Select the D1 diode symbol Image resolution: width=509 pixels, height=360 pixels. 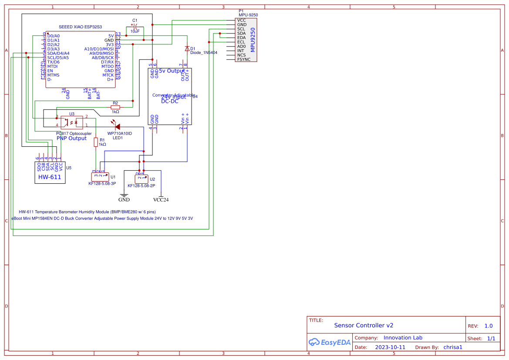187,49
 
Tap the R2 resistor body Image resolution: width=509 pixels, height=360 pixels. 115,107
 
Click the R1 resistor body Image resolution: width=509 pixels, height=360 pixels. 96,142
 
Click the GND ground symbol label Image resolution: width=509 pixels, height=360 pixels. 124,200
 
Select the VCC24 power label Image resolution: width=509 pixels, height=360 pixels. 161,200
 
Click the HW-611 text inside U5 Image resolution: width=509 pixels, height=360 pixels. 50,177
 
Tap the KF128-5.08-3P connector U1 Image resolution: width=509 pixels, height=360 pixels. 100,177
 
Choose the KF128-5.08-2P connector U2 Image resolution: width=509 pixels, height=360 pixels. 142,179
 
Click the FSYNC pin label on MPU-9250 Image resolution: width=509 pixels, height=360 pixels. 244,59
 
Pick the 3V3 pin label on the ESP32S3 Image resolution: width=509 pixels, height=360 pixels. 109,44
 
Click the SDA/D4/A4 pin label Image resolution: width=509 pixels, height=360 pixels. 58,53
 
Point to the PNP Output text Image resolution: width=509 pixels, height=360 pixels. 71,138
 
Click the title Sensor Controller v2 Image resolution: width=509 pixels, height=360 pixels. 364,325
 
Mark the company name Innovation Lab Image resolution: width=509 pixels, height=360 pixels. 403,338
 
